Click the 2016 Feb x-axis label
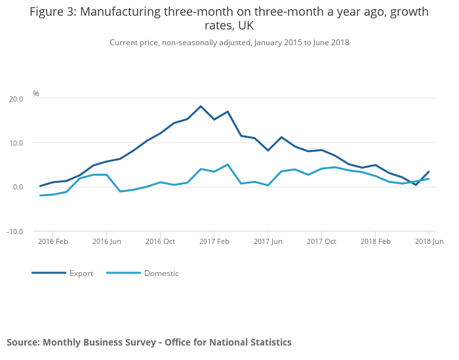pyautogui.click(x=53, y=241)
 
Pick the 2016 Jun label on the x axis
pyautogui.click(x=107, y=241)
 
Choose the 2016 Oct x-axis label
pyautogui.click(x=161, y=241)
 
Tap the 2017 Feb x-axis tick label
pyautogui.click(x=214, y=241)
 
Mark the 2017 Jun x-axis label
pyautogui.click(x=268, y=241)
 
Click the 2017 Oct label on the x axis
pyautogui.click(x=321, y=241)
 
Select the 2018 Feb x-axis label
pyautogui.click(x=375, y=241)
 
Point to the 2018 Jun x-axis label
pyautogui.click(x=429, y=241)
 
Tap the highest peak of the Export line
pyautogui.click(x=201, y=106)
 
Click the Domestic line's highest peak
pyautogui.click(x=228, y=165)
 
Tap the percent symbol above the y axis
pyautogui.click(x=36, y=94)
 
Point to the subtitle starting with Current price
pyautogui.click(x=229, y=43)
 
